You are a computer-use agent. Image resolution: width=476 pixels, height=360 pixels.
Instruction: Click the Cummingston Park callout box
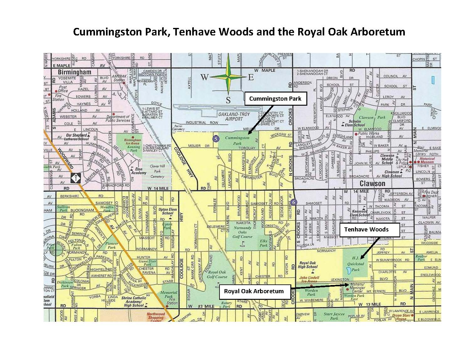point(275,99)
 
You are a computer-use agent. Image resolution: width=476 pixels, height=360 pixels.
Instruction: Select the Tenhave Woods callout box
point(366,230)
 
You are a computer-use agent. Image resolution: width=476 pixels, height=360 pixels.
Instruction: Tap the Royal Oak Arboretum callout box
point(253,291)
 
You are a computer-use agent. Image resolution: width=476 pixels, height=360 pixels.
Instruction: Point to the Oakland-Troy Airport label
point(235,116)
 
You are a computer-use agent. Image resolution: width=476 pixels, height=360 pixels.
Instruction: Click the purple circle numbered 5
point(215,138)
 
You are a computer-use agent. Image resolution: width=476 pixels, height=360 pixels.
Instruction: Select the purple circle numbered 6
point(294,202)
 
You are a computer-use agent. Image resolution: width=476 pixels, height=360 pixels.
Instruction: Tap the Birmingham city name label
point(74,72)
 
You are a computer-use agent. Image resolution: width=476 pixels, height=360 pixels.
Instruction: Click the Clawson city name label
point(372,183)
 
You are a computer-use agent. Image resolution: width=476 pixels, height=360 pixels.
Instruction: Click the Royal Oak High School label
point(308,265)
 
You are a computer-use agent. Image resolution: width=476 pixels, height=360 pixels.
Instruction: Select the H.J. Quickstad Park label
point(356,264)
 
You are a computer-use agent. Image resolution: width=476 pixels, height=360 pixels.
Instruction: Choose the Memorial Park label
point(169,294)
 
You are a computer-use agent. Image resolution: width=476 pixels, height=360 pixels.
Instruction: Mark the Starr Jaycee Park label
point(334,316)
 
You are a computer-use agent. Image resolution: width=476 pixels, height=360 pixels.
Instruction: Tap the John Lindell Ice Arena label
point(309,279)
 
